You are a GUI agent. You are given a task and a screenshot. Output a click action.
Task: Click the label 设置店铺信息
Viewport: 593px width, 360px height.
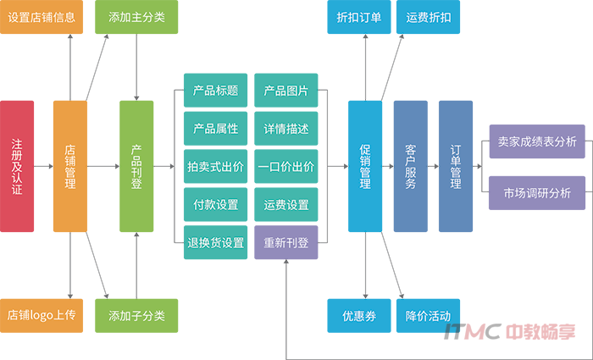pos(41,17)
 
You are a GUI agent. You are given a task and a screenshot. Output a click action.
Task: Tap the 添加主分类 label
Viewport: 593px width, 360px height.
pos(137,17)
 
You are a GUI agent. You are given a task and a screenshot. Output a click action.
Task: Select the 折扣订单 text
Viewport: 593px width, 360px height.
pos(358,17)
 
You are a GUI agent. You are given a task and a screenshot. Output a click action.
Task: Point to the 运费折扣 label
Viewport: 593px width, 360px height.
pos(428,17)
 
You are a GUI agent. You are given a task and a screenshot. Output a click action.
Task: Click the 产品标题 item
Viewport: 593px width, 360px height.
pos(215,91)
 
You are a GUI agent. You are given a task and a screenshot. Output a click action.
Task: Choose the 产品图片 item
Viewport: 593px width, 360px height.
pos(285,91)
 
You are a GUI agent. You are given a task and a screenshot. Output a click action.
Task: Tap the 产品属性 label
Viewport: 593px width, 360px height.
pos(215,129)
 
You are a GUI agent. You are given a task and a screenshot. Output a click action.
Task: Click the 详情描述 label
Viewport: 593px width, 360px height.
pos(285,129)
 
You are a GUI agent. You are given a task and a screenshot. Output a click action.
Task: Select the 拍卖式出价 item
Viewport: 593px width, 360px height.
pos(215,167)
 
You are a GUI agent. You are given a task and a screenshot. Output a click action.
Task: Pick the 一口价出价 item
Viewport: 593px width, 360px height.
pos(285,167)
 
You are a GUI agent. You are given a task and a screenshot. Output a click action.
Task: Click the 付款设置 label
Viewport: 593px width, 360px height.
pos(215,205)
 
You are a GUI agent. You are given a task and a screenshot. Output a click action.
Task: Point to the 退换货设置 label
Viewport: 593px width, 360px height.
pos(215,243)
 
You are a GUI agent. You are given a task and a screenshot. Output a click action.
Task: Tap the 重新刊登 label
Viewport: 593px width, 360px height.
pos(285,243)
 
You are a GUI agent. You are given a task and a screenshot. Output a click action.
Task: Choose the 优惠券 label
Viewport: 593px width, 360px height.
pos(359,316)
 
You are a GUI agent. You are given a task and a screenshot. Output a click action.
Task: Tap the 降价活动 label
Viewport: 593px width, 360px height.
pos(428,316)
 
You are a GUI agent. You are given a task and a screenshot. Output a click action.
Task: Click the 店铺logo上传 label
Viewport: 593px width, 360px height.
pos(42,316)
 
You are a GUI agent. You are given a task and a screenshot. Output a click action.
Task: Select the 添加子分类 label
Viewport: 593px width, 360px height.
pos(137,316)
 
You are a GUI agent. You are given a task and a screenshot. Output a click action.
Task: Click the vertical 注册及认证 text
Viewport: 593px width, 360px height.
pos(17,166)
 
